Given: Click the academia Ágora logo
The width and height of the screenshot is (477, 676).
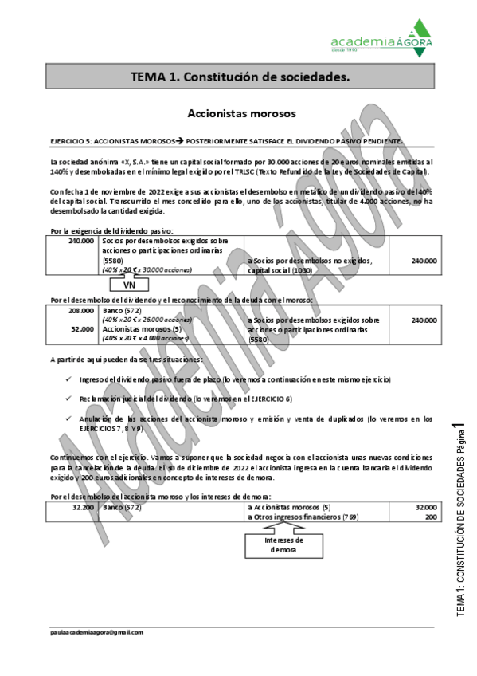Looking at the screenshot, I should tap(383, 37).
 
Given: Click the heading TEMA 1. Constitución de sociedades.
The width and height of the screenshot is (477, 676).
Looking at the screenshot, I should tap(240, 77).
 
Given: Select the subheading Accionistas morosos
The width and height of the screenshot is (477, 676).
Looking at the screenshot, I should tap(240, 114).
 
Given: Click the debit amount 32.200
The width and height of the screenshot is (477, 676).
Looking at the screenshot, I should tap(83, 506).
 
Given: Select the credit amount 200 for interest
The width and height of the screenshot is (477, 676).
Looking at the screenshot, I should tap(430, 517).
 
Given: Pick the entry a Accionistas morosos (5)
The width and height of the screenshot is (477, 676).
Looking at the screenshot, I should tap(288, 506).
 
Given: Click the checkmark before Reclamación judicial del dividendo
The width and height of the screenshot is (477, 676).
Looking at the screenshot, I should tap(70, 398).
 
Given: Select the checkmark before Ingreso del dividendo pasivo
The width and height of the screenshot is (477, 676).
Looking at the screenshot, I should tap(70, 379).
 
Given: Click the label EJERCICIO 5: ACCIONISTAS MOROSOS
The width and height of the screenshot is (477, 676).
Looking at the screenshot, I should tap(111, 140).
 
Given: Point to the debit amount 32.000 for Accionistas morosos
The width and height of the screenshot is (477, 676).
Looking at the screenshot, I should tap(83, 328).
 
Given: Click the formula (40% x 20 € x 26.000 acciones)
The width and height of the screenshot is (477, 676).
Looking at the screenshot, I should tap(147, 319).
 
